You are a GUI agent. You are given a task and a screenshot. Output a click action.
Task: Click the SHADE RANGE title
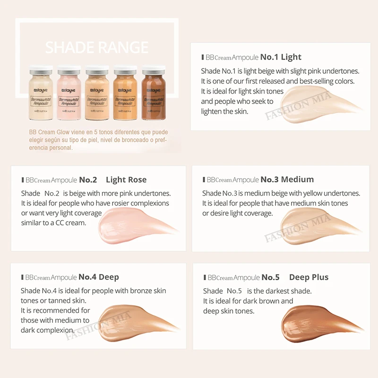(97, 47)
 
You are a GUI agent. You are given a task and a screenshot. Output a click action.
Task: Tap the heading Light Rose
(126, 180)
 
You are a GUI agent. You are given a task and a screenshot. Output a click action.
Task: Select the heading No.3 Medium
(287, 180)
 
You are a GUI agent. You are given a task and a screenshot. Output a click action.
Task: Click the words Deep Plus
(309, 277)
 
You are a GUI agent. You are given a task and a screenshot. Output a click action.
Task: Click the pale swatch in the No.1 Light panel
(312, 106)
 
